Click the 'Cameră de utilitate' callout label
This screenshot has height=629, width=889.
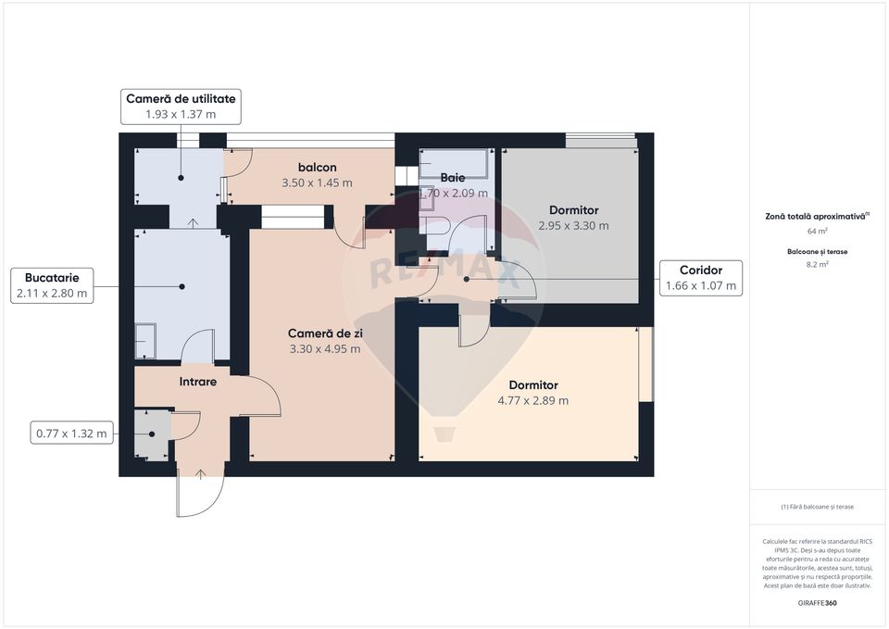pos(181,98)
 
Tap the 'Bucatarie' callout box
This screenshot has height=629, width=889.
pos(52,277)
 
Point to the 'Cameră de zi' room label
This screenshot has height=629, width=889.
pos(323,333)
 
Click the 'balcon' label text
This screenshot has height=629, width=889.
pos(317,168)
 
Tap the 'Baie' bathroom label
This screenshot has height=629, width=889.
pos(453,177)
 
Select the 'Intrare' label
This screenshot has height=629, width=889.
pos(197,381)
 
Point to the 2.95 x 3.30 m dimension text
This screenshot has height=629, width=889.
pos(573,226)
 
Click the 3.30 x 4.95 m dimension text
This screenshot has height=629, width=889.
pos(324,349)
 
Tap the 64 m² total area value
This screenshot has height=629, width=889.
pos(817,231)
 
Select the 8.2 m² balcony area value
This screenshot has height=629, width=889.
pos(817,264)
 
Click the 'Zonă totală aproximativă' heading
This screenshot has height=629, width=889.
pos(815,215)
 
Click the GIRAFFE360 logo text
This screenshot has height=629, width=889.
pos(817,603)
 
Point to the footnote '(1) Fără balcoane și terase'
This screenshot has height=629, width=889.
pos(817,507)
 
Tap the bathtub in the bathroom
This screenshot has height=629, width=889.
pos(453,163)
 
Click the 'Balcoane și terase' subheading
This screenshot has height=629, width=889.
pos(817,251)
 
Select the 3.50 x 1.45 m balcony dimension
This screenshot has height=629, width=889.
pos(317,183)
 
